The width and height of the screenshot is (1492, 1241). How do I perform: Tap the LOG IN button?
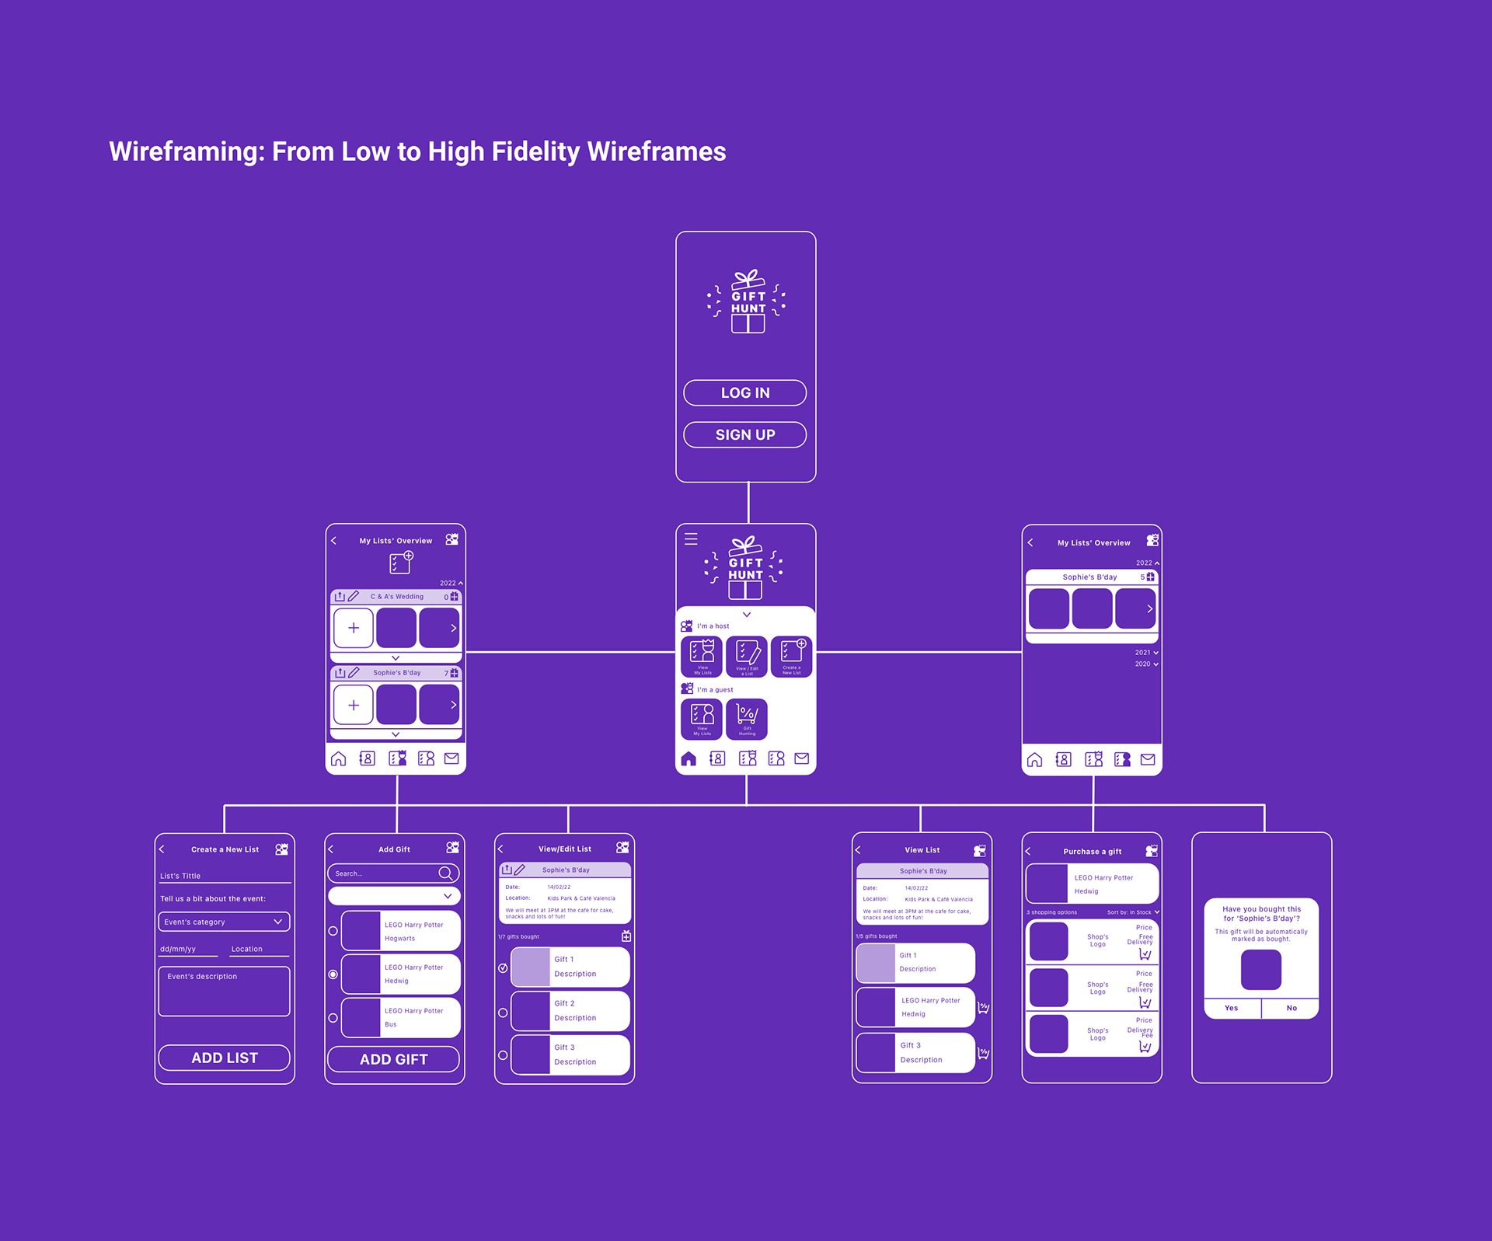[744, 392]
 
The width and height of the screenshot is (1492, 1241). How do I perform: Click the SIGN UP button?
[744, 434]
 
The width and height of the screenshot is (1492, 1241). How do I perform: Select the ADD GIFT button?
[393, 1059]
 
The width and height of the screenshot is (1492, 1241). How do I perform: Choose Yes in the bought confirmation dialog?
[1231, 1008]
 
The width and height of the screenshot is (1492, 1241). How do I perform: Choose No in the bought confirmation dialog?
[1292, 1008]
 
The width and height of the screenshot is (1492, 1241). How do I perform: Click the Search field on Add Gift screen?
[385, 873]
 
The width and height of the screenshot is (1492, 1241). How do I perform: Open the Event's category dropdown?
[224, 922]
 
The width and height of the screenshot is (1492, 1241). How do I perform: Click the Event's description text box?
[224, 992]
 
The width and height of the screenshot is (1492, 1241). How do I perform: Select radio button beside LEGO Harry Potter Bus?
[333, 1018]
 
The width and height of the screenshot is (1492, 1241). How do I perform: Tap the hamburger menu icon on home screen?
[691, 539]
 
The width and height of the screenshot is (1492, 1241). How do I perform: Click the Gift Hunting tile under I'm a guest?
[747, 719]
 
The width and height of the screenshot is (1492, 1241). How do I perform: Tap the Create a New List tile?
[792, 657]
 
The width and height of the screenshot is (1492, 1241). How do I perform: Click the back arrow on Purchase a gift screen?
[1028, 852]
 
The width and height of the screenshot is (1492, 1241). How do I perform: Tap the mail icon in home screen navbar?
[802, 758]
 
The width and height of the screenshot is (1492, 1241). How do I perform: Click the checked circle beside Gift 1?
[503, 968]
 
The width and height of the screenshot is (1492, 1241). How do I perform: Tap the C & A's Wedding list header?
[396, 597]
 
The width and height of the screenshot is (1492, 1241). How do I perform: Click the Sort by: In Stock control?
[1132, 912]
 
